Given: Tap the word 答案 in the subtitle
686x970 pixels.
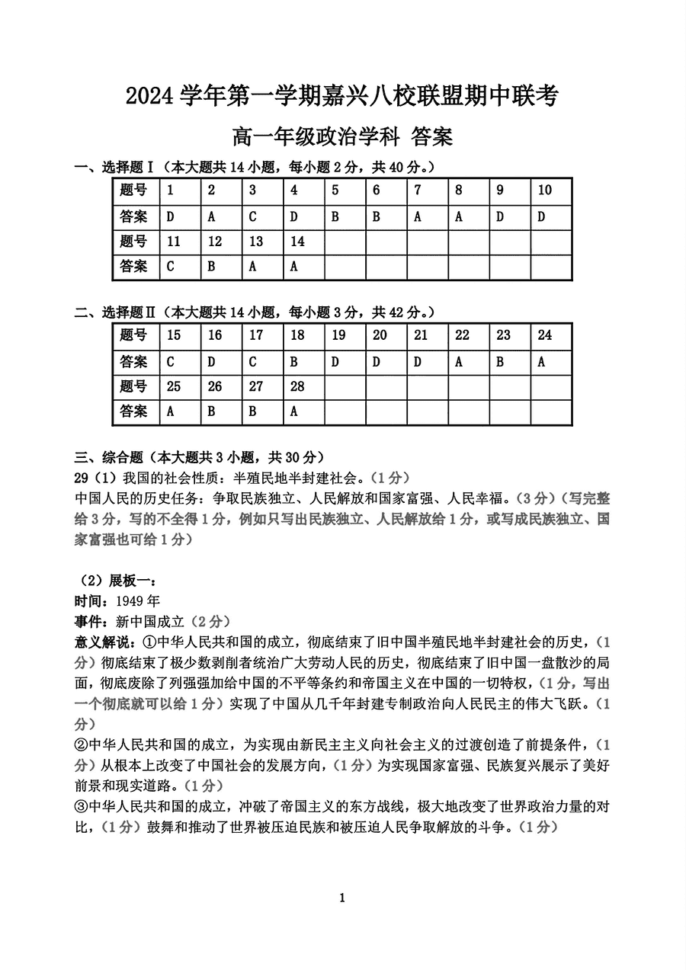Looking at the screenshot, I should (x=431, y=137).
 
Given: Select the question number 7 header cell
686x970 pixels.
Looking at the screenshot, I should (x=418, y=190).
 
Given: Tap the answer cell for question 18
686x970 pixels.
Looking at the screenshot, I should (x=294, y=362).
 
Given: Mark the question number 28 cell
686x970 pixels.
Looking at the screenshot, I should (x=297, y=386).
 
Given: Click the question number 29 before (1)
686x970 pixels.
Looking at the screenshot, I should (x=82, y=479).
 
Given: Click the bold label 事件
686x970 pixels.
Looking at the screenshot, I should (x=89, y=621).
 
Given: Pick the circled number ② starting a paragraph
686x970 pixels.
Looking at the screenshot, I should (x=82, y=744).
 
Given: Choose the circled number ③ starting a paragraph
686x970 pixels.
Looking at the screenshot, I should (x=82, y=807).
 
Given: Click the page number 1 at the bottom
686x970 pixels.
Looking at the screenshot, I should (x=342, y=898).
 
